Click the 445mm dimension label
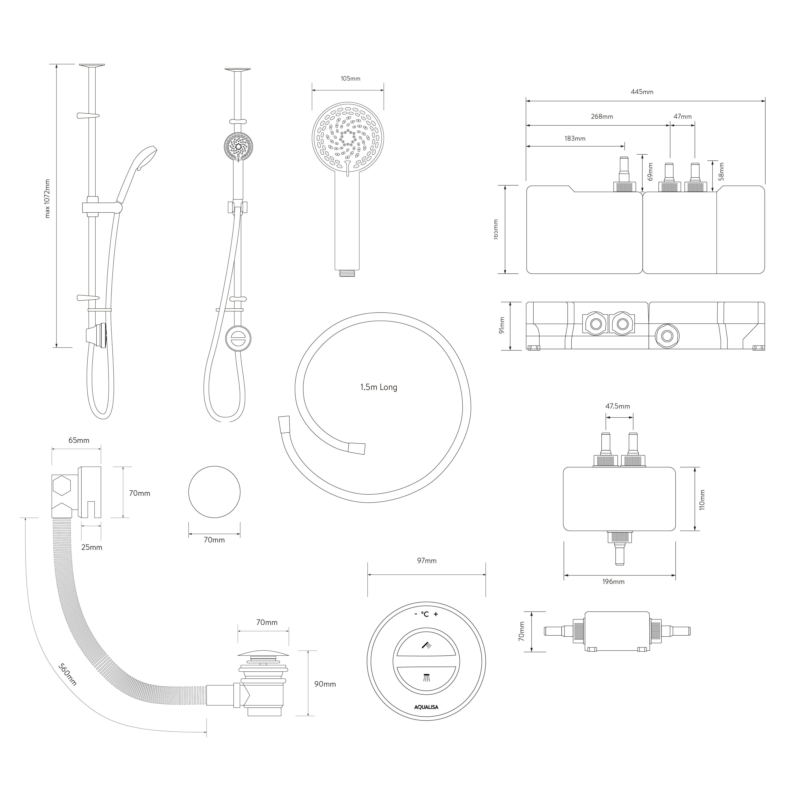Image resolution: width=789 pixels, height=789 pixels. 642,92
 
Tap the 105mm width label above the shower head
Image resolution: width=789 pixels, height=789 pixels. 350,78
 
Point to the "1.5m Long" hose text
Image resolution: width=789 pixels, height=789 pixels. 379,387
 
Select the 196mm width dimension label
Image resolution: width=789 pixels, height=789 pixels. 613,582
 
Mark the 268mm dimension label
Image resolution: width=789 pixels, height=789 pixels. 602,116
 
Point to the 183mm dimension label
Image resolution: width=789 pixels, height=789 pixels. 575,138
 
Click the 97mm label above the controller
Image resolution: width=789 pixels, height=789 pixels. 427,561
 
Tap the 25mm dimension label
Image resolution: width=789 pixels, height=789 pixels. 91,547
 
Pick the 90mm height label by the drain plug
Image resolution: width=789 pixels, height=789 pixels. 325,684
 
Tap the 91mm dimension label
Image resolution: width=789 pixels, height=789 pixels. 502,325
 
